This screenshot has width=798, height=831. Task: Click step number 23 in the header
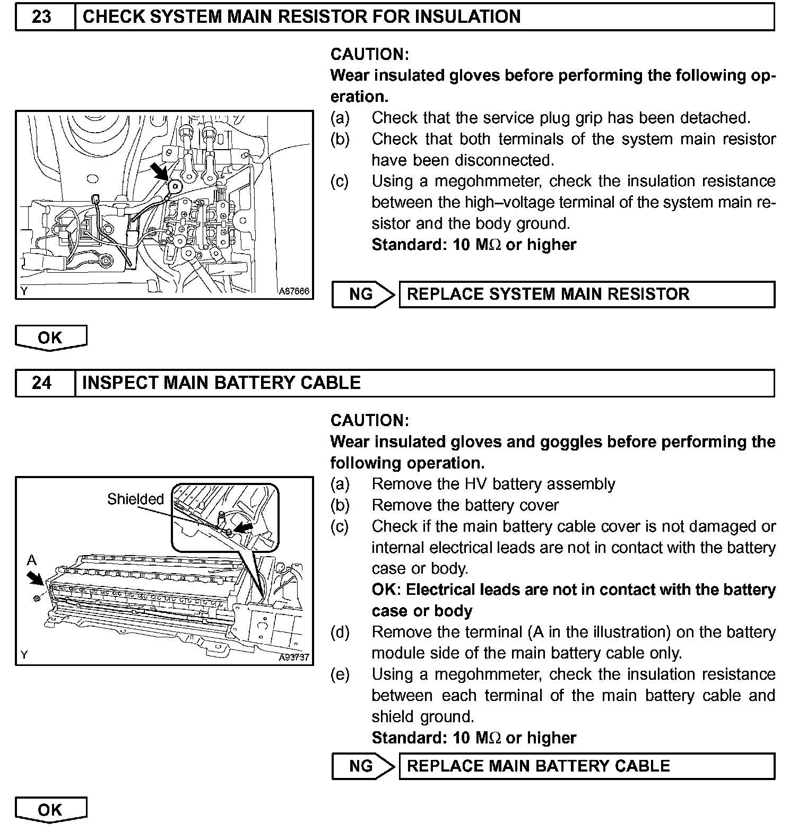pos(41,17)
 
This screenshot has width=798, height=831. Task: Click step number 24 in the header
pos(41,383)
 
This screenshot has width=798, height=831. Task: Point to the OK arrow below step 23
pos(50,338)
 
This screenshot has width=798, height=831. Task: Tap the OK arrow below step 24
pos(50,810)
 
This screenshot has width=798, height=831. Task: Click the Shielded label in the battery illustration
pos(135,499)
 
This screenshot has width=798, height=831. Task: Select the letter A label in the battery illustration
pos(32,560)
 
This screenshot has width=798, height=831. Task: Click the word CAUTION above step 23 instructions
pos(369,54)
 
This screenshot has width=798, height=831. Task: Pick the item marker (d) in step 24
pos(340,633)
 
